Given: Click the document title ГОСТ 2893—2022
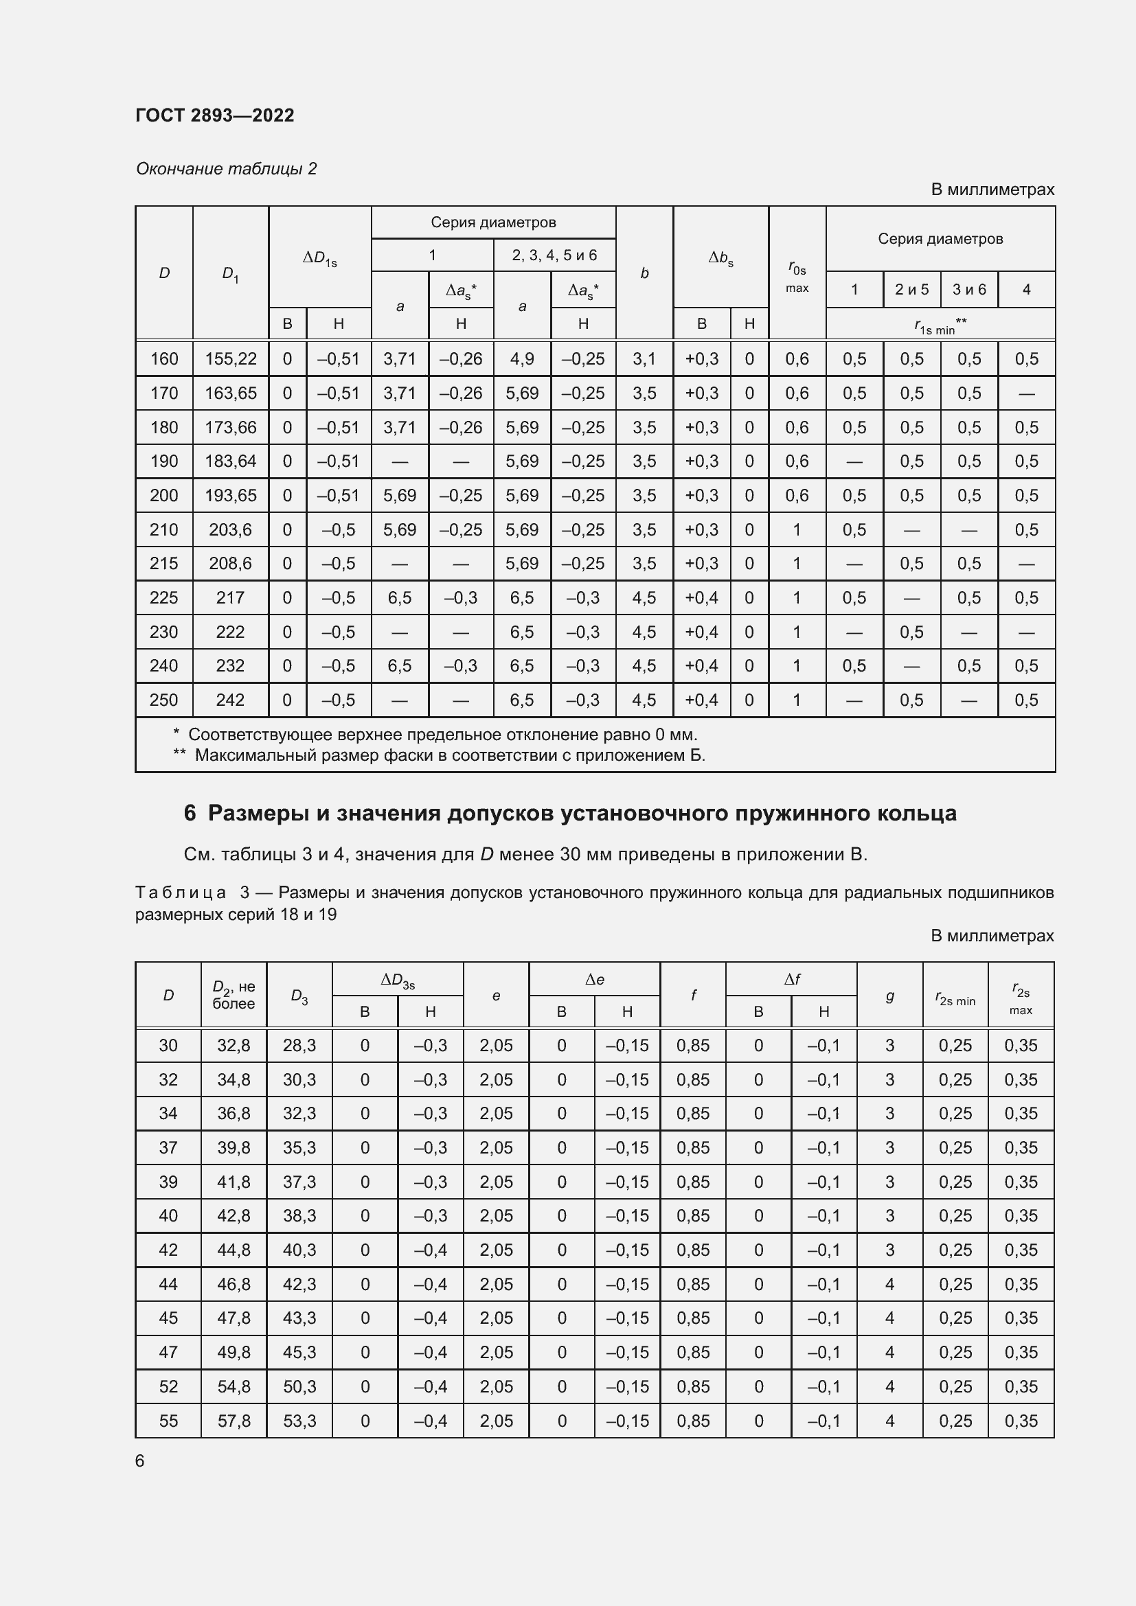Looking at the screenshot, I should coord(215,115).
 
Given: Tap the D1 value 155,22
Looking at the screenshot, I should coord(230,359).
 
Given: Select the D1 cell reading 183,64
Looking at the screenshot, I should coord(230,461).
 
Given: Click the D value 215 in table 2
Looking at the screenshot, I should coord(163,563).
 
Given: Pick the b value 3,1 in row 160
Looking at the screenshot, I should coord(644,359).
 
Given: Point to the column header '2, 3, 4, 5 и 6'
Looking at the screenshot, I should coord(554,255).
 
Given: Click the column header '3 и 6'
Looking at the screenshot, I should coord(969,290).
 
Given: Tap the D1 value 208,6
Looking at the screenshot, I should coord(230,563).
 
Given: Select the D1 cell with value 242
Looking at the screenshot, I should coord(230,700).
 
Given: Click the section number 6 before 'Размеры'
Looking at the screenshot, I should coord(190,813).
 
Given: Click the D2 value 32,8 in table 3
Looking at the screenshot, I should coord(234,1045).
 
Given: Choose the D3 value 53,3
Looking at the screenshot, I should coord(299,1421).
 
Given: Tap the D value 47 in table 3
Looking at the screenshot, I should coord(168,1352).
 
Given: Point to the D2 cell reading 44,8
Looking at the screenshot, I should coord(234,1250).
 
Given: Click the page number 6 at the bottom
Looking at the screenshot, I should coord(140,1461).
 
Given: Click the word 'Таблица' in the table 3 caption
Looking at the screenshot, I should coord(181,893).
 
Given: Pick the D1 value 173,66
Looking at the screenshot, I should coord(230,426).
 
